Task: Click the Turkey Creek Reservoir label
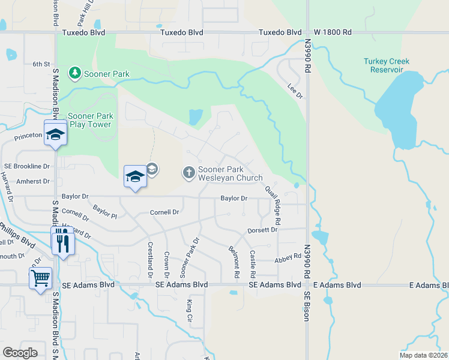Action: pos(387,65)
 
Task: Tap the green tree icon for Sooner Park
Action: pos(75,73)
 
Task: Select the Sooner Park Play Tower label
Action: pos(90,120)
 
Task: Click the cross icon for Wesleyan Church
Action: pos(189,173)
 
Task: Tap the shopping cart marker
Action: pos(41,278)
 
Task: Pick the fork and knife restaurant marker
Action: pos(62,242)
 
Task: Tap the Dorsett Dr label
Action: pos(262,230)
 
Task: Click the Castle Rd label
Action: pos(253,260)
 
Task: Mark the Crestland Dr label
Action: pos(150,260)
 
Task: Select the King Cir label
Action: pos(189,308)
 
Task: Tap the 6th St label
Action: pos(41,64)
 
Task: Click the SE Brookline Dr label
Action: pos(26,165)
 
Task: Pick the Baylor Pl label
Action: pos(105,212)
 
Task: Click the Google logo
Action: pos(20,353)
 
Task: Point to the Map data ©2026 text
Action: pos(423,355)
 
